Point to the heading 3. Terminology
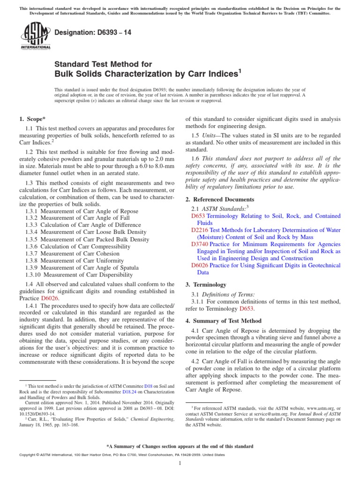pyautogui.click(x=206, y=285)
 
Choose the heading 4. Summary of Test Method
pyautogui.click(x=224, y=321)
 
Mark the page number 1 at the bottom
pyautogui.click(x=180, y=464)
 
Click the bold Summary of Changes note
pyautogui.click(x=180, y=446)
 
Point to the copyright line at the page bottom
pyautogui.click(x=115, y=455)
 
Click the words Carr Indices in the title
pyautogui.click(x=202, y=74)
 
